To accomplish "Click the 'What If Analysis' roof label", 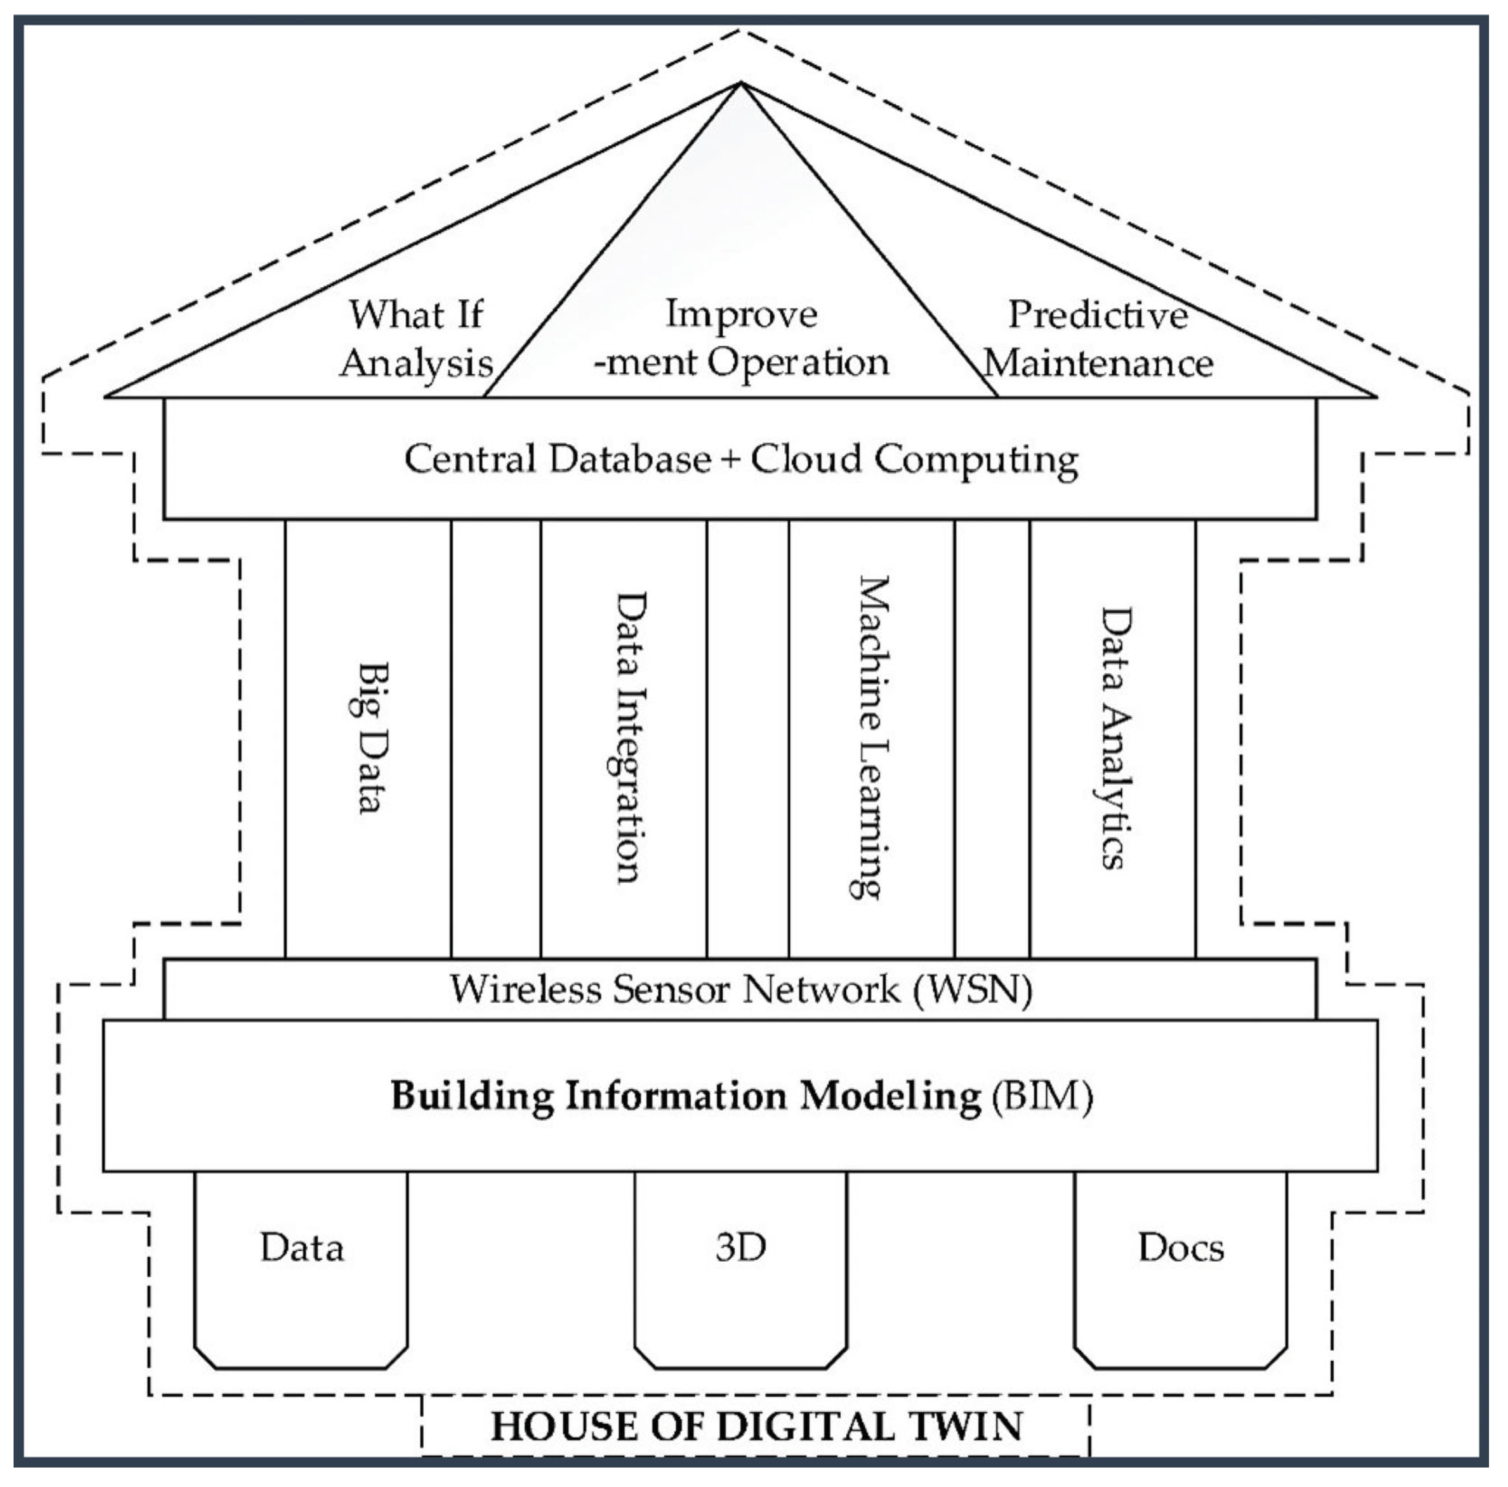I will (416, 338).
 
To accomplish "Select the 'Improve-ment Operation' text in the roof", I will (741, 338).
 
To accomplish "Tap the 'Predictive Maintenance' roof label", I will (1098, 338).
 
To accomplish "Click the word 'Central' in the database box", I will (471, 458).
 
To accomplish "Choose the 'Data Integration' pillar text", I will (627, 738).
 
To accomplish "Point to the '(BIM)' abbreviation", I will (1042, 1096).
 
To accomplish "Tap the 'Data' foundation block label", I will (302, 1248).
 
